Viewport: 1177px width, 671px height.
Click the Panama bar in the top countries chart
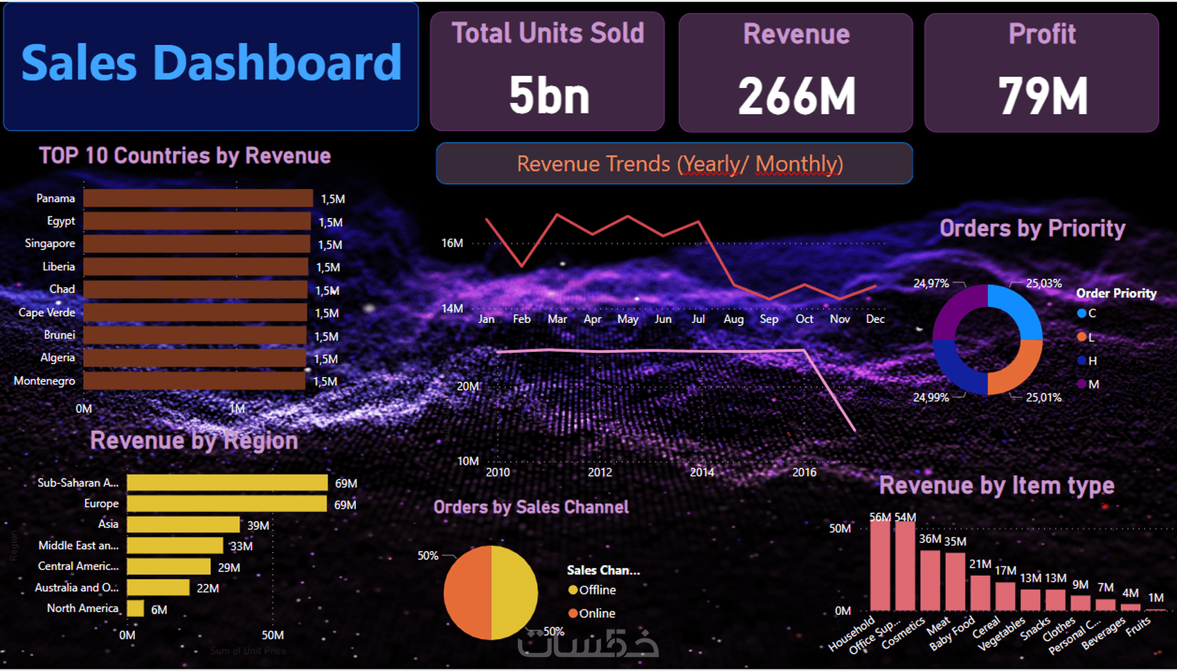(198, 199)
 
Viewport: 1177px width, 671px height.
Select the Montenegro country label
(44, 381)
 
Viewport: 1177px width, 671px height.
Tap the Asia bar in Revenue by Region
(183, 524)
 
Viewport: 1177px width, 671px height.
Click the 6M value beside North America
(159, 609)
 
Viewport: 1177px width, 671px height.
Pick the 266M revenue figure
(796, 96)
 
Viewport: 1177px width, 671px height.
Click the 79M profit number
(1042, 96)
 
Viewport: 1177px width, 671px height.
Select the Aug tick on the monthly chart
(733, 319)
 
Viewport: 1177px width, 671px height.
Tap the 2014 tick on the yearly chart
(702, 472)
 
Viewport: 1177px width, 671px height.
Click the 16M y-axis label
(452, 243)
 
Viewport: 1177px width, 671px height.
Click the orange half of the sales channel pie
(467, 593)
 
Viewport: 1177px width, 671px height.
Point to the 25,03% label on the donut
(1043, 284)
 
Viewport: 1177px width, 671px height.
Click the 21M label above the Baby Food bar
(980, 564)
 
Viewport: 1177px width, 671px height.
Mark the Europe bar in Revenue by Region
(226, 504)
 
